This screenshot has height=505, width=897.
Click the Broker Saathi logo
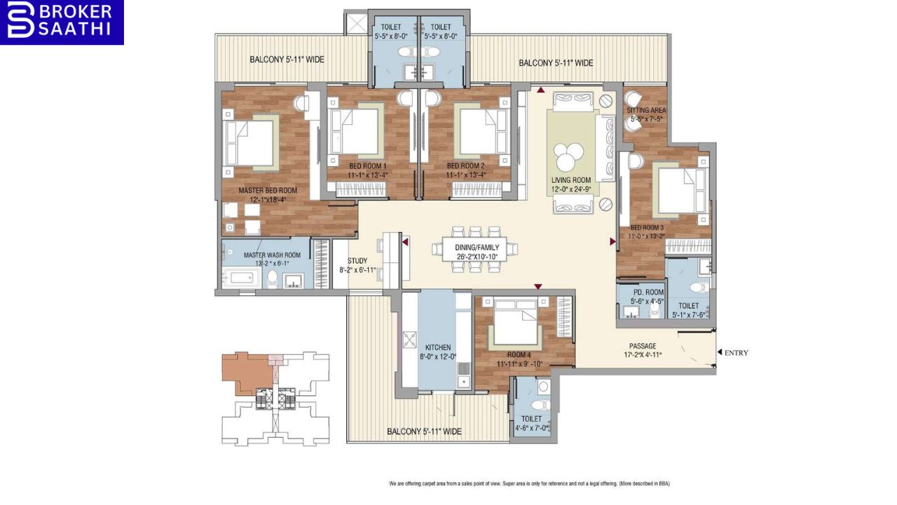(x=62, y=22)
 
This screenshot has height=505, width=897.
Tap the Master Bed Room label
(x=268, y=190)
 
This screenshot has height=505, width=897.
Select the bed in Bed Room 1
(x=356, y=131)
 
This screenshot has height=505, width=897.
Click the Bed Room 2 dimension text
(x=466, y=175)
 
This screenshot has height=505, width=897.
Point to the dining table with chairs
(x=475, y=248)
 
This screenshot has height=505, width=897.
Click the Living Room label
(x=571, y=180)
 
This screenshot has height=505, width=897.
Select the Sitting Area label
(x=646, y=110)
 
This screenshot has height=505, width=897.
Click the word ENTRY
(x=737, y=353)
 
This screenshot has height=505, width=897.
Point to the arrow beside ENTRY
(x=719, y=353)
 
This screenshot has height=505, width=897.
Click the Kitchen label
(x=438, y=347)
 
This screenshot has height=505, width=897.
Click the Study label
(x=357, y=261)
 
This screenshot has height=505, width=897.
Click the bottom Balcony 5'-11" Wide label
(x=424, y=431)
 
